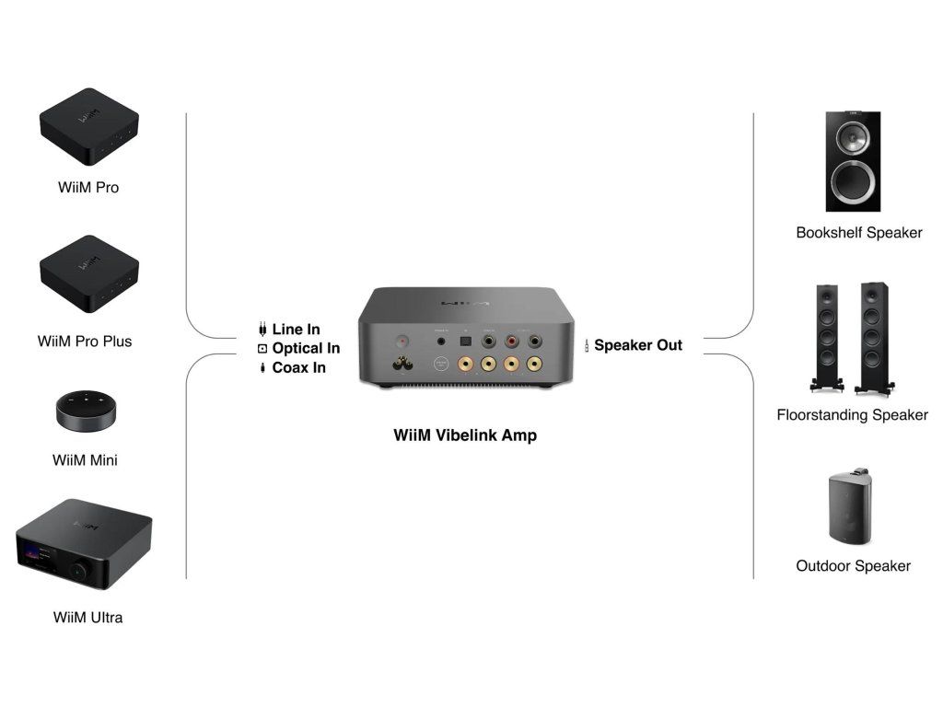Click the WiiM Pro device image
coord(88,125)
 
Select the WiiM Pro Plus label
coord(85,342)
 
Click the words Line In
coord(296,330)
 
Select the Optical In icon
coord(262,349)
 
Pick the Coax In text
coord(298,368)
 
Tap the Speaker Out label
coord(638,346)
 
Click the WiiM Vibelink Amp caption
coord(465,435)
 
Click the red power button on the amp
coord(402,339)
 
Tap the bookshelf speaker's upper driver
coord(853,137)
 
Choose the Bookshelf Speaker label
coord(859,233)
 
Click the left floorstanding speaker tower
coord(825,335)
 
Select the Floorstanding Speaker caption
coord(852,415)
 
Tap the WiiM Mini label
coord(85,460)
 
